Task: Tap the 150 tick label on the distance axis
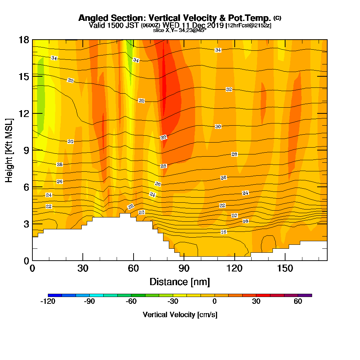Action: click(x=285, y=268)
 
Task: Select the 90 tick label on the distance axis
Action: click(x=184, y=268)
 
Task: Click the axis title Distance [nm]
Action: click(x=180, y=281)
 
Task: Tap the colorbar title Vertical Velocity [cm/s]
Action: click(x=180, y=315)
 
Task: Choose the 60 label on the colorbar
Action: click(x=298, y=302)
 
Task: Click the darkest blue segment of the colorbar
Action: click(x=55, y=295)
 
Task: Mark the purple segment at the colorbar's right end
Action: click(x=305, y=295)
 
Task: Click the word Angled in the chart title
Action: click(x=95, y=18)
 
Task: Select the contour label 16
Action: click(x=224, y=232)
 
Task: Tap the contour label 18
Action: click(x=246, y=221)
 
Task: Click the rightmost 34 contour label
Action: click(x=218, y=50)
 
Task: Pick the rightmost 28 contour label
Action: click(x=234, y=154)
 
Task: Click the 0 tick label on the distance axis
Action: click(x=32, y=268)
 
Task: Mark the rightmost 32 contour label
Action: click(x=229, y=89)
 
